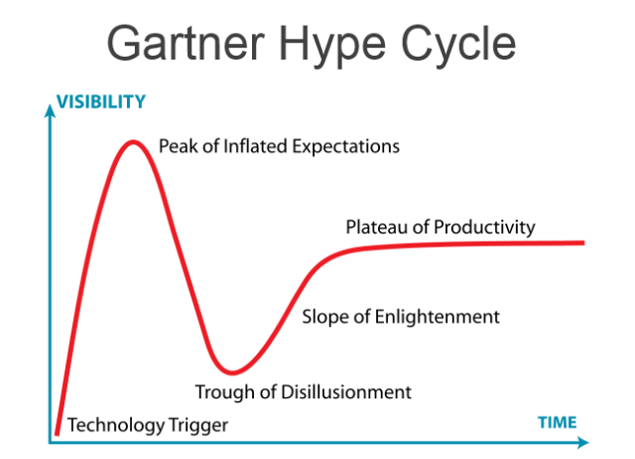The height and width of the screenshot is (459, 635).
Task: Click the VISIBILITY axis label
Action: point(101,101)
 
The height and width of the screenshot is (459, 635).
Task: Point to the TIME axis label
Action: point(557,422)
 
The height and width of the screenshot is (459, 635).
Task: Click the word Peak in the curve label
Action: point(178,147)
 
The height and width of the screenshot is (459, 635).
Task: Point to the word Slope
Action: point(323,317)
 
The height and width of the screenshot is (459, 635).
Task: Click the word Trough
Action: point(223,391)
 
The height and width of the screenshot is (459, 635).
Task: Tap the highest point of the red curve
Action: point(133,142)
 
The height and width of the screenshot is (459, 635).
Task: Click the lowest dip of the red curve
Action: point(231,373)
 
